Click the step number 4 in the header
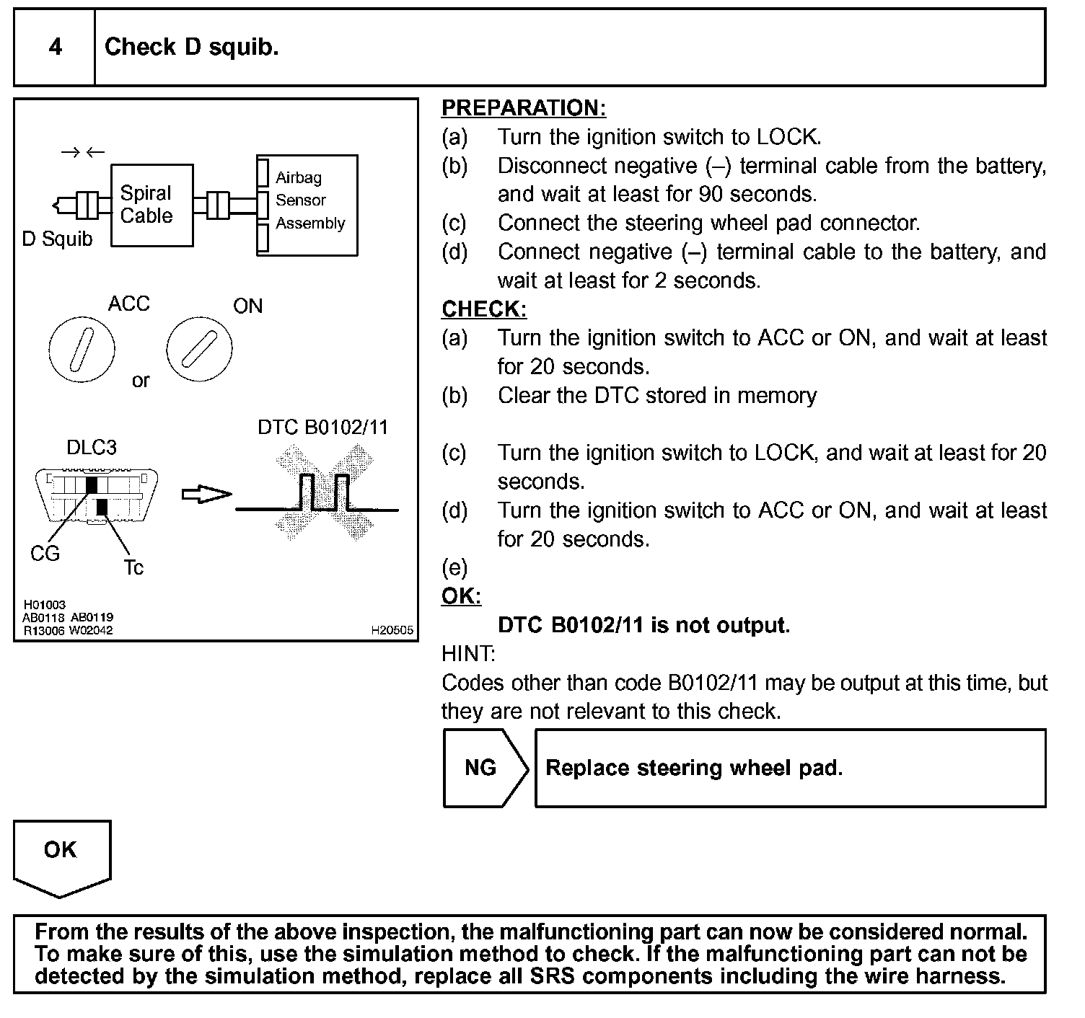click(x=55, y=48)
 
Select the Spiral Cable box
click(x=151, y=205)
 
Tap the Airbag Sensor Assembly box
click(x=307, y=205)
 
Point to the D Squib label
click(x=58, y=239)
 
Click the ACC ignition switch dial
click(x=81, y=350)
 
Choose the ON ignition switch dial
click(x=199, y=350)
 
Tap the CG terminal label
click(x=45, y=554)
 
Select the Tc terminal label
click(x=133, y=568)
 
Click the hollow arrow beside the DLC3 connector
click(x=206, y=495)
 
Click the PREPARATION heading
click(x=523, y=108)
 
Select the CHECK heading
click(x=484, y=309)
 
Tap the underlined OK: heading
click(x=461, y=596)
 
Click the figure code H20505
click(x=392, y=630)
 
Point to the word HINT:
click(x=468, y=654)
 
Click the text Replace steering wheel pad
click(x=694, y=768)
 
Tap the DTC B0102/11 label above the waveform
click(x=322, y=428)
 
